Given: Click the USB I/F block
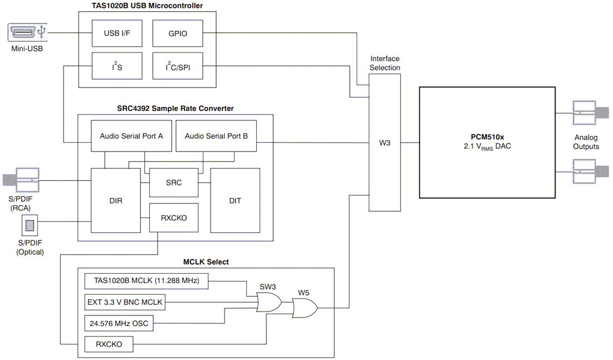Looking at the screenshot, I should coord(116,33).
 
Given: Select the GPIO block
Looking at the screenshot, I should coord(177,33).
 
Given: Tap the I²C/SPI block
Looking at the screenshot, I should coord(177,66).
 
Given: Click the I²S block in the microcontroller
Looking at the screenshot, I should coord(116,66).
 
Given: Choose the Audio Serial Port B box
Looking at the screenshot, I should coord(216,135).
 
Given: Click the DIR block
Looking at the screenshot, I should coord(116,200).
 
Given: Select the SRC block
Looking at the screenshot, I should coord(173,183).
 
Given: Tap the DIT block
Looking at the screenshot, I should coord(235,200).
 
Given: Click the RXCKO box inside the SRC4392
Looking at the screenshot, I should coord(173,218).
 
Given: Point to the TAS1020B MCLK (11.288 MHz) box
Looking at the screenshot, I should coord(146,281).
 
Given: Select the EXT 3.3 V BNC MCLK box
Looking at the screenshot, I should coord(124,302).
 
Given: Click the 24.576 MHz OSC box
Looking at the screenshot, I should coord(119,323).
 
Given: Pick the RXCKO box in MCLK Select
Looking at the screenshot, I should coord(110,344).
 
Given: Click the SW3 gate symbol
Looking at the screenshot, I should coord(269,303).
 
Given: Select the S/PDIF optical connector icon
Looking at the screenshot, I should coord(30,226).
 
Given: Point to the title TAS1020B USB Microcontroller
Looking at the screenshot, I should coord(147,6).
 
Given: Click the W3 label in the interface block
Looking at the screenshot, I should coord(385,143).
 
